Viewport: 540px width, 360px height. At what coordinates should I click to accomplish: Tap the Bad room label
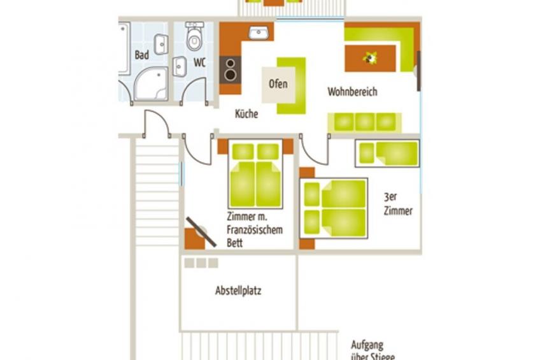(142, 55)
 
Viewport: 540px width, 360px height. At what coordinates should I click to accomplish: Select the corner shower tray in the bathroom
(151, 84)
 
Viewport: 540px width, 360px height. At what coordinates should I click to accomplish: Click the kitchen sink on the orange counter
(259, 32)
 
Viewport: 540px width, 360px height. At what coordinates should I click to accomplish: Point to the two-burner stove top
(231, 70)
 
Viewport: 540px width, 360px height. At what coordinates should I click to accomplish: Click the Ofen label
(278, 83)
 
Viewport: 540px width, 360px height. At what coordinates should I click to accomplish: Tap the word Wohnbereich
(352, 92)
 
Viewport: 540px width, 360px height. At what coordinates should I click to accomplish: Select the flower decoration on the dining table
(370, 58)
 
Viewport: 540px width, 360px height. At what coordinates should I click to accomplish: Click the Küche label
(246, 113)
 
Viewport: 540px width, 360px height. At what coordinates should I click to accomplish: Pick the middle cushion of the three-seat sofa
(365, 122)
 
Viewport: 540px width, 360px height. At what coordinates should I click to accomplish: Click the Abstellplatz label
(238, 291)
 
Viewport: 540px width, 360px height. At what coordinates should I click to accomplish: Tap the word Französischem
(255, 230)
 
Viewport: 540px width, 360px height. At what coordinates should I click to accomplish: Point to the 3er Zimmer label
(398, 204)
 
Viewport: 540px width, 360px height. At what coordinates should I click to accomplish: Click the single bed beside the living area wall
(387, 154)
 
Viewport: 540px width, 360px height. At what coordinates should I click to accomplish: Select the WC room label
(199, 62)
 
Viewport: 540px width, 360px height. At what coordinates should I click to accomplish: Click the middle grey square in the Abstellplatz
(201, 263)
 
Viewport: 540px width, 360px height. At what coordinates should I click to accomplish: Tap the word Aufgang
(367, 345)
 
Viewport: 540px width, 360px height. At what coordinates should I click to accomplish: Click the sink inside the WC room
(180, 66)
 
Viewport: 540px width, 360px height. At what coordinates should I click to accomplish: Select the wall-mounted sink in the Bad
(161, 44)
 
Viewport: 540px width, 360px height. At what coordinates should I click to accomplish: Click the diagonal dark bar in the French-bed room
(201, 232)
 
